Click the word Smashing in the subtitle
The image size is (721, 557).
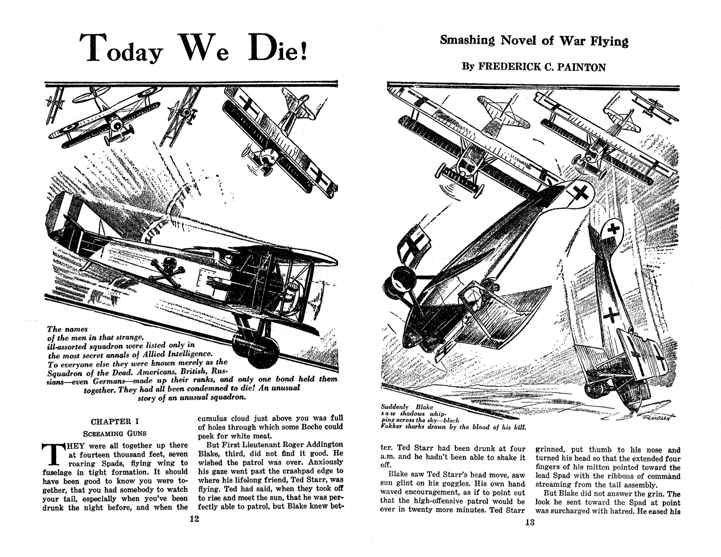click(467, 41)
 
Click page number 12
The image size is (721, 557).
click(194, 519)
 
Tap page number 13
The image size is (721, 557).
click(530, 522)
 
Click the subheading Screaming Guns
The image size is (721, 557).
click(115, 434)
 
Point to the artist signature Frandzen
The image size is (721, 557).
click(655, 416)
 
